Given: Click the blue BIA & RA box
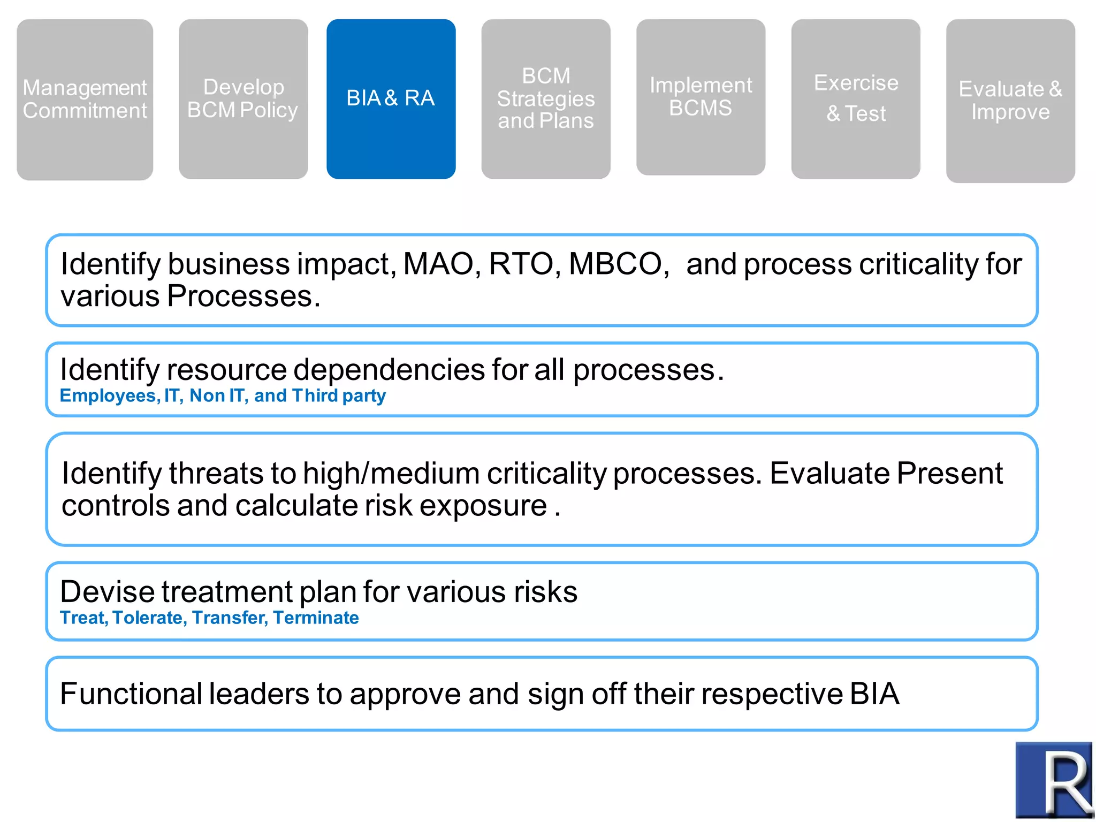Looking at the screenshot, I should (x=391, y=99).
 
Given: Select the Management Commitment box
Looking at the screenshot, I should (x=85, y=100).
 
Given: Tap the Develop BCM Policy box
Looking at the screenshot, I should (x=243, y=99).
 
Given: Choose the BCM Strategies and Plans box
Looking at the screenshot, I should (x=545, y=99).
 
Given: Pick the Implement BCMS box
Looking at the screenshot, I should (x=700, y=97).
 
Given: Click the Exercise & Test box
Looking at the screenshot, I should (x=855, y=99).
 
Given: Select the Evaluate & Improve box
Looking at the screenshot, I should (x=1010, y=101).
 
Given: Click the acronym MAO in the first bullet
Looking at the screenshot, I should (x=438, y=264).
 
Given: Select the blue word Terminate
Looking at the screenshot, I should (x=316, y=618).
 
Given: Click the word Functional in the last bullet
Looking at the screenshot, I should (x=131, y=694).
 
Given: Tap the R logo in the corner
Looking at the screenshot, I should (x=1053, y=780).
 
